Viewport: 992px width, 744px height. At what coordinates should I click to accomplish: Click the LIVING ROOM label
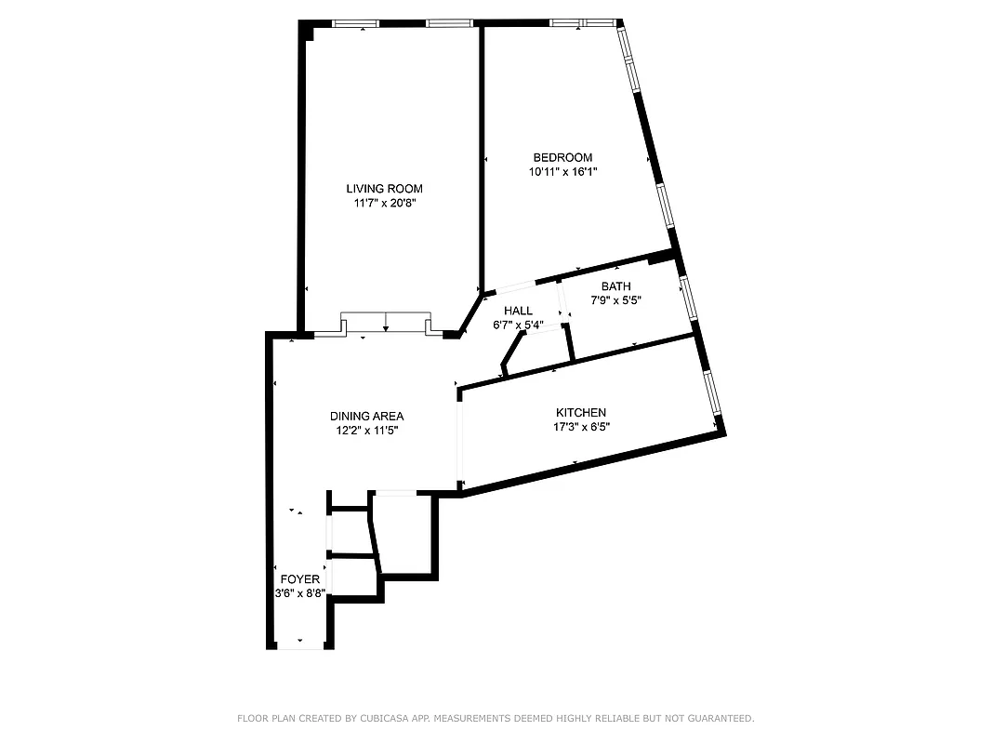coord(385,189)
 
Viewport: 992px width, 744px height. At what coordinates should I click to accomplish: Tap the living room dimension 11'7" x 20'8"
coord(385,203)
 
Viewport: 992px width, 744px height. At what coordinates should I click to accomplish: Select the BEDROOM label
coord(562,157)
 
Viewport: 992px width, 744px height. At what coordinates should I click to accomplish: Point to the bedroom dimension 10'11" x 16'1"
coord(562,171)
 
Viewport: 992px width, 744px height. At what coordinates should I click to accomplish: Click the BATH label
coord(615,286)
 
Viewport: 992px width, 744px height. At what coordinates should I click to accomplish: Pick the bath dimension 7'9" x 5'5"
coord(615,300)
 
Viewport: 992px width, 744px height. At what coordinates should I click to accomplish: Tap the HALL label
coord(518,311)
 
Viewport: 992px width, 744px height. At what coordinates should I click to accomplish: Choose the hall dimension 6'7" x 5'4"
coord(518,325)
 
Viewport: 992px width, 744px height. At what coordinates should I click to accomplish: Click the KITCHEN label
coord(581,413)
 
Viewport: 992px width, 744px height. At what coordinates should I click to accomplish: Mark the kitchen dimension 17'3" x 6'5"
coord(581,427)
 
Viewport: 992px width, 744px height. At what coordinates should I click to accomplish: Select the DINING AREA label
coord(366,417)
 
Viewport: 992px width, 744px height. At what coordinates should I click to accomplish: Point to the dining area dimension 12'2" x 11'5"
coord(366,431)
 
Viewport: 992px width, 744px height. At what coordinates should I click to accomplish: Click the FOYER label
coord(299,579)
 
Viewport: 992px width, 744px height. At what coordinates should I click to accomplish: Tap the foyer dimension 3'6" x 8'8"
coord(299,593)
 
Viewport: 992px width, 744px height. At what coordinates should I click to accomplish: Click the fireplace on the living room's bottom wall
coord(386,323)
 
